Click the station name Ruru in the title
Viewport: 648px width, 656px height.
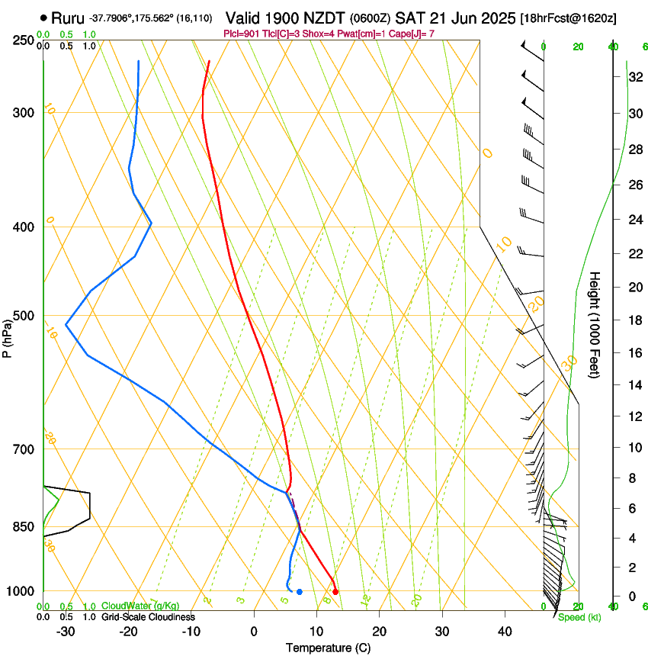pyautogui.click(x=67, y=18)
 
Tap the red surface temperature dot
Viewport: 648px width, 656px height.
pyautogui.click(x=335, y=591)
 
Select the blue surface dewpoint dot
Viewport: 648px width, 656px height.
pyautogui.click(x=300, y=592)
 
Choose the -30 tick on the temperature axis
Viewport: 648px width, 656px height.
pyautogui.click(x=66, y=632)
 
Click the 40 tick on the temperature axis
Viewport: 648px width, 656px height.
pyautogui.click(x=505, y=632)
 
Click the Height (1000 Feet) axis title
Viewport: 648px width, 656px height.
pyautogui.click(x=595, y=324)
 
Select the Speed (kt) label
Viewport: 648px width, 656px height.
pyautogui.click(x=578, y=617)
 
